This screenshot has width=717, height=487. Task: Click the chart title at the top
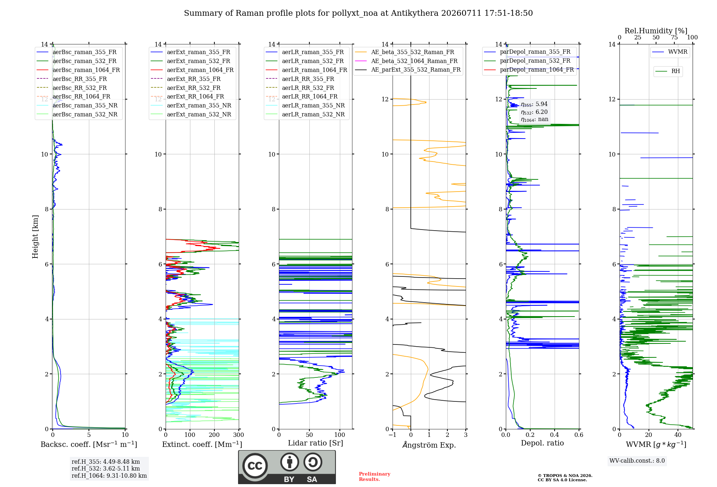click(x=358, y=13)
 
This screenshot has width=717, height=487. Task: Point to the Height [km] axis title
click(x=35, y=237)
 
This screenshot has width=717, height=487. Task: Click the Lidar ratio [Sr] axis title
click(x=315, y=443)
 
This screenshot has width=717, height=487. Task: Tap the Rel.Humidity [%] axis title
click(x=656, y=31)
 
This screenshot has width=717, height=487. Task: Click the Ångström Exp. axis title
click(x=429, y=445)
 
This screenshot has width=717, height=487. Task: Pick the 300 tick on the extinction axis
click(x=238, y=435)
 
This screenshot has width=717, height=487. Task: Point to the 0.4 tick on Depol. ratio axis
click(x=554, y=435)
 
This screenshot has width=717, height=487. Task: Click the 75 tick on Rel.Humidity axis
click(x=674, y=38)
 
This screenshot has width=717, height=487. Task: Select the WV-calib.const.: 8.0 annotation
click(x=637, y=461)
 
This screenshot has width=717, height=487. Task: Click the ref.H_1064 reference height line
click(x=109, y=476)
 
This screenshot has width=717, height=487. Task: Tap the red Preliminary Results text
click(x=375, y=477)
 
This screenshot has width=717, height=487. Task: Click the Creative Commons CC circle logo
click(x=255, y=466)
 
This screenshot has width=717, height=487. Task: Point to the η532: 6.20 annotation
click(x=534, y=112)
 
